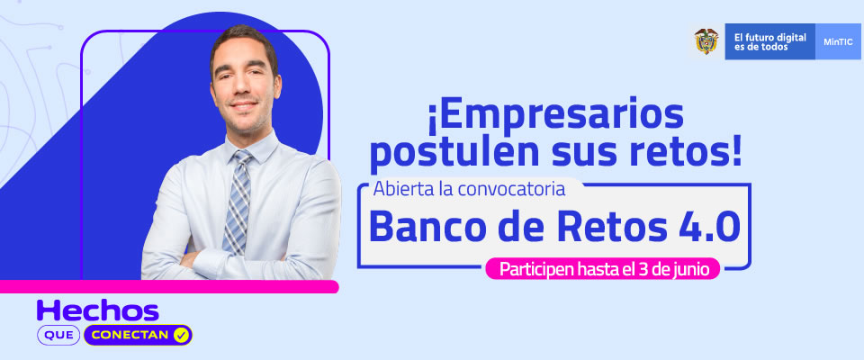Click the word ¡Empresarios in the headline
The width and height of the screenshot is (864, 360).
click(555, 116)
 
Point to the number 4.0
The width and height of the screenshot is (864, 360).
click(709, 227)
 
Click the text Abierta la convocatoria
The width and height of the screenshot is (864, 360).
click(470, 188)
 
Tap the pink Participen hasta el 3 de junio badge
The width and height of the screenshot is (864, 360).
click(603, 269)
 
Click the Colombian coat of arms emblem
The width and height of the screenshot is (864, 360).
click(706, 40)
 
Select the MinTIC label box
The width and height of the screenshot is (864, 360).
click(838, 41)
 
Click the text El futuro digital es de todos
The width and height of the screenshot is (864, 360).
click(769, 42)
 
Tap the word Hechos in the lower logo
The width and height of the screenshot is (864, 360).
click(97, 310)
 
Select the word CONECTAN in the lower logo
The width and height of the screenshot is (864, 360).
click(130, 335)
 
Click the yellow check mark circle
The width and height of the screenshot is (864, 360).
click(180, 335)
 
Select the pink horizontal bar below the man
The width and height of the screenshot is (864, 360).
click(169, 286)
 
